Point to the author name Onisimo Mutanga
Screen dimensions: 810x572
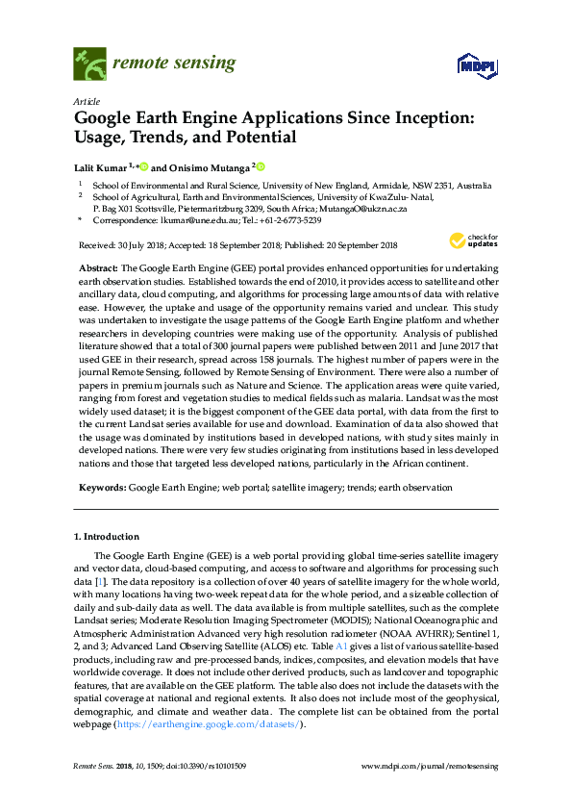click(x=211, y=165)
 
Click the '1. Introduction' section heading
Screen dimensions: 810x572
click(x=106, y=536)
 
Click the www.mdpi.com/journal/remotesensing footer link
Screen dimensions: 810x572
click(x=428, y=766)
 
